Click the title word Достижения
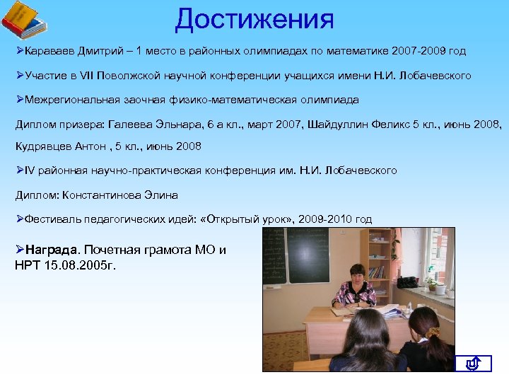[255, 19]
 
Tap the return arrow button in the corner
[474, 364]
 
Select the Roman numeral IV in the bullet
[30, 170]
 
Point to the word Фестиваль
[52, 219]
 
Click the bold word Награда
[54, 250]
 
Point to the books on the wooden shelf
[376, 272]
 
